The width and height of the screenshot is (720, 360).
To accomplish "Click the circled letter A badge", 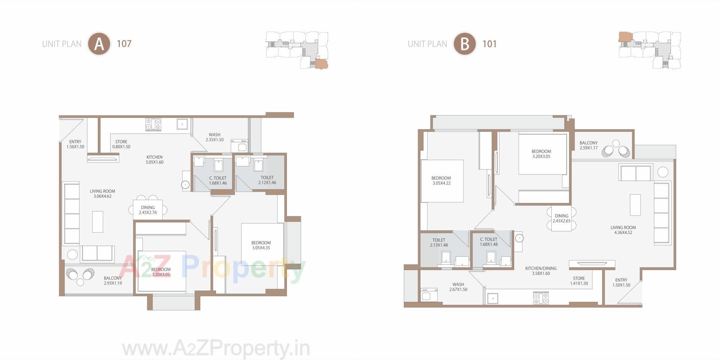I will tap(99, 44).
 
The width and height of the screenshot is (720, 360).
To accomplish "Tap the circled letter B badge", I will tap(465, 44).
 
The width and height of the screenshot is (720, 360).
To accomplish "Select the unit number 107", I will tap(124, 44).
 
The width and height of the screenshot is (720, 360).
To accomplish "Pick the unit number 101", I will tap(489, 44).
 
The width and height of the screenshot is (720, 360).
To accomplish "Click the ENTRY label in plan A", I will tap(75, 144).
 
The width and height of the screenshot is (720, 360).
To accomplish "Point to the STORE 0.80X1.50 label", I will tap(121, 144).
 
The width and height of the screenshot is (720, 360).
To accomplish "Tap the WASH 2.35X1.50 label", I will tap(214, 137).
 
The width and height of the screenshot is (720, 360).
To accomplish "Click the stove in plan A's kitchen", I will tap(153, 124).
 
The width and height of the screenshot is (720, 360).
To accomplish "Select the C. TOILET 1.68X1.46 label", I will tap(218, 180).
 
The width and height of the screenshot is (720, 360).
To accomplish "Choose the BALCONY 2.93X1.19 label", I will tap(113, 280).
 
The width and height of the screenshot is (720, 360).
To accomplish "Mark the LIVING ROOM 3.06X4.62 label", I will tap(102, 193).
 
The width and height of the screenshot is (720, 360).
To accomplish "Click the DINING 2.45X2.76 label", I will tap(148, 210).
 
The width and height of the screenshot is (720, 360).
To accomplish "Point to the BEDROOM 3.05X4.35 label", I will tap(261, 245).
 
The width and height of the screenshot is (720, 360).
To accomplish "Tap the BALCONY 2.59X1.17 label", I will tap(588, 145).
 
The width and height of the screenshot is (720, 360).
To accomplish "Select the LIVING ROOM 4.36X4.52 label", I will tap(623, 229).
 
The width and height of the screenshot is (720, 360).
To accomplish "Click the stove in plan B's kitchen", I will tap(541, 298).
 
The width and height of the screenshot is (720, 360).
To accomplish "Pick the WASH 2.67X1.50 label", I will tap(458, 287).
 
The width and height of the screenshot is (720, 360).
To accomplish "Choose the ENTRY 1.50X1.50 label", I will tap(621, 282).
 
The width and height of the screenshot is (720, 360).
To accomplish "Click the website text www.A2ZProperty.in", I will tap(216, 349).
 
